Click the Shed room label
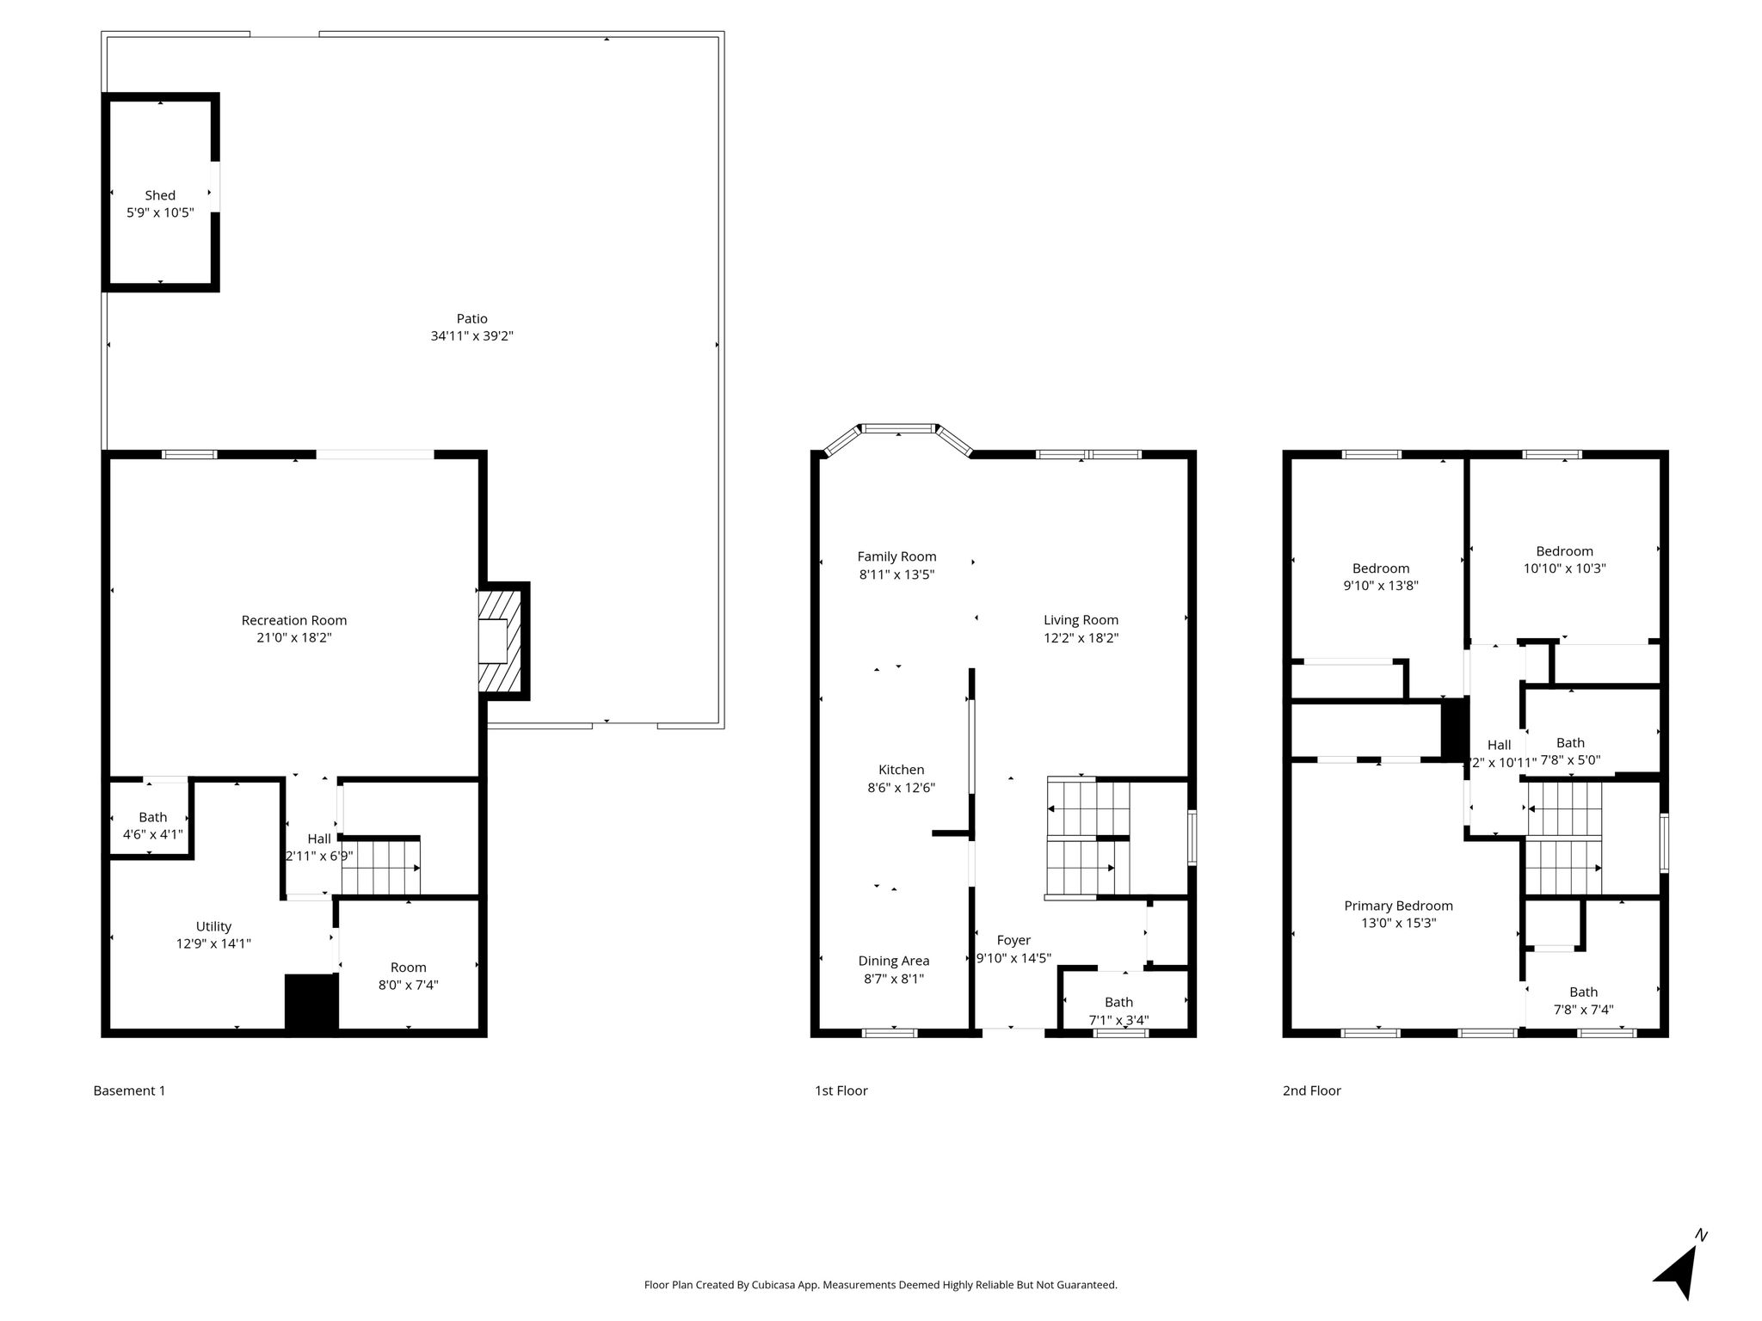pos(160,195)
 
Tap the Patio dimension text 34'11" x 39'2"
pos(472,336)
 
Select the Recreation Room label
pos(294,620)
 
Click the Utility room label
pos(213,926)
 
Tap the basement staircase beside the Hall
pos(381,867)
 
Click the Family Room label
pos(897,556)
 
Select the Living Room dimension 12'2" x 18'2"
pos(1081,638)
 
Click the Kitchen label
pos(902,770)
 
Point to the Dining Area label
pos(894,961)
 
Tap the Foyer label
pos(1013,940)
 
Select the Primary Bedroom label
pos(1399,906)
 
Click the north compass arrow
pos(1679,1269)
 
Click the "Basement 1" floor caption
pos(129,1091)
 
